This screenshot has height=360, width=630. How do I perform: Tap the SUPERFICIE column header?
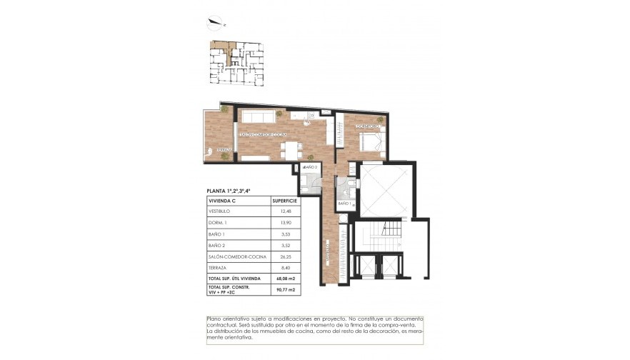tap(284, 201)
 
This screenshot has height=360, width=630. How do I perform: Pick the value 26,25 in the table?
tap(284, 255)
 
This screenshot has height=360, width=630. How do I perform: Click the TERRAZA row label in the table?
tap(217, 266)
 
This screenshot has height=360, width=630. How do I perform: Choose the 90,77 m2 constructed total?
tap(284, 289)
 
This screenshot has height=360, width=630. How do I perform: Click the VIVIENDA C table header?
tap(221, 201)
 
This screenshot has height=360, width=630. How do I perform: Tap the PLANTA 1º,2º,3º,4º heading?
tap(229, 191)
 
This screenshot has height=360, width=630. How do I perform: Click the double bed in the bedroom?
tap(373, 139)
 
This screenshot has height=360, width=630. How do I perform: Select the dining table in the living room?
tap(289, 150)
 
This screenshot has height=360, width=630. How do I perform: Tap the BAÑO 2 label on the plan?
tap(310, 167)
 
